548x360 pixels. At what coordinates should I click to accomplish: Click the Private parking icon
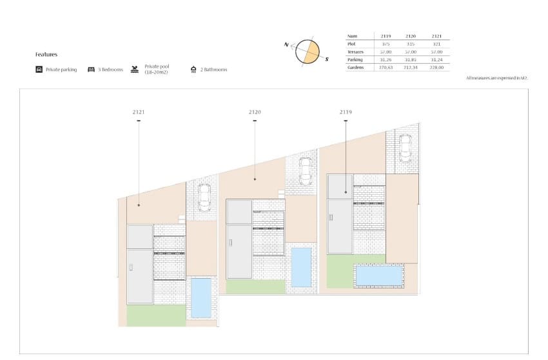tap(39, 69)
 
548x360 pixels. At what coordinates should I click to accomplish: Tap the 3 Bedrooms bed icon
tap(92, 69)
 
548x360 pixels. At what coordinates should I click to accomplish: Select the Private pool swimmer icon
tap(135, 69)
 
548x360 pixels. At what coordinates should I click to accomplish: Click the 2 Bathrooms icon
tap(193, 69)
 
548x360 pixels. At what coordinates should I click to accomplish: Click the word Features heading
tap(46, 55)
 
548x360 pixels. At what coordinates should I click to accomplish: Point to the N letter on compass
tap(286, 44)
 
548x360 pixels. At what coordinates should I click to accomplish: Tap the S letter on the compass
tap(327, 59)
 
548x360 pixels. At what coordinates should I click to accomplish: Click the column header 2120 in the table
tap(411, 36)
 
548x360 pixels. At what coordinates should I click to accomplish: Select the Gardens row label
tap(357, 67)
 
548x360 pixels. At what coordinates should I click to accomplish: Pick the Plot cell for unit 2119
tap(386, 44)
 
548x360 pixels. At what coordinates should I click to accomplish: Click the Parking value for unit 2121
tap(436, 59)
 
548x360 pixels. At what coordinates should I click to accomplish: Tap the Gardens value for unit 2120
tap(411, 67)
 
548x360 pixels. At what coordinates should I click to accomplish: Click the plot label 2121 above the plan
tap(139, 112)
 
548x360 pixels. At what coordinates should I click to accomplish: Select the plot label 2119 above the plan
tap(346, 112)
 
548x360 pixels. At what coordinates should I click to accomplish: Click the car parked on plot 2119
tap(405, 148)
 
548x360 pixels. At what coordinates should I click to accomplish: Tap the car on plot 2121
tap(204, 197)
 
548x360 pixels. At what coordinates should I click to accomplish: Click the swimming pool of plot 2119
tap(378, 275)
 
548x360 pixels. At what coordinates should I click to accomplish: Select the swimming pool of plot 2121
tap(201, 297)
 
